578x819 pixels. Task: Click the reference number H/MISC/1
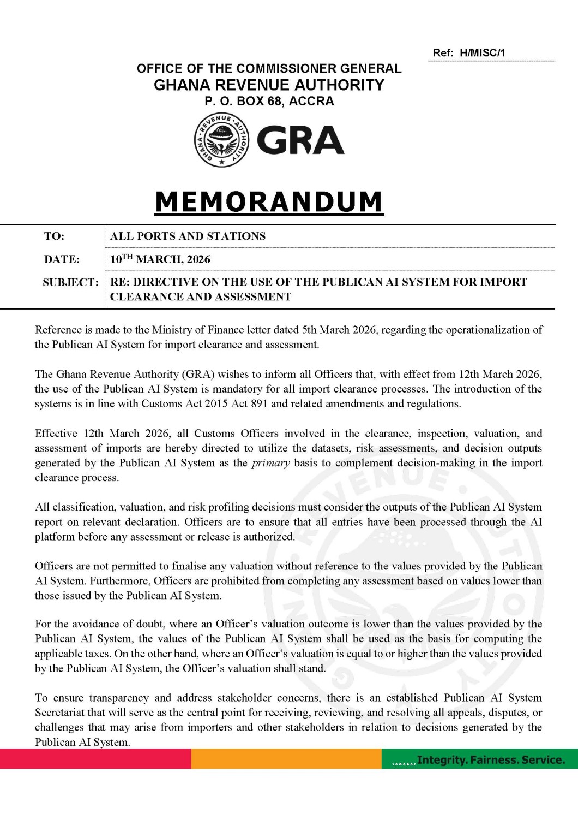482,53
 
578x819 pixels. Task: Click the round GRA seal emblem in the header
221,140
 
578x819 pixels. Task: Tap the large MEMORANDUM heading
269,201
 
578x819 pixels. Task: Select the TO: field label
54,236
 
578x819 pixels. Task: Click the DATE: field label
62,259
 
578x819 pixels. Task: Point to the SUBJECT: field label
70,282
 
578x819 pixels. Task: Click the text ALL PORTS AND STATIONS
188,236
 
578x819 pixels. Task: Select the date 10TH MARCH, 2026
160,259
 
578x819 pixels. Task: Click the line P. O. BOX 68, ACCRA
269,102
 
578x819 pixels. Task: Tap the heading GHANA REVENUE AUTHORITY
269,85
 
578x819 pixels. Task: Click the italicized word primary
270,463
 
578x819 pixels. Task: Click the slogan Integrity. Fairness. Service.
491,760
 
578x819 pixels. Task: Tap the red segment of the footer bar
95,759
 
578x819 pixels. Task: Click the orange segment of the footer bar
286,759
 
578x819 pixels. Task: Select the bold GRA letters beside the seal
300,140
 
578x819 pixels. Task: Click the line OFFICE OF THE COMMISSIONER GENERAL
269,69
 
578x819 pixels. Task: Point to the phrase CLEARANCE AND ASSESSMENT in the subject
201,297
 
